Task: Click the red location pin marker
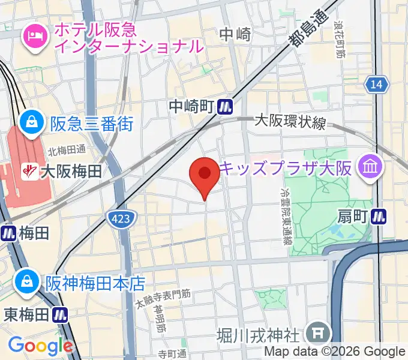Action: [205, 175]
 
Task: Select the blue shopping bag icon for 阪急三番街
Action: [29, 124]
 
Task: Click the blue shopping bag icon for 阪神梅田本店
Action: [27, 280]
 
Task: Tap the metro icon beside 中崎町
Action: [226, 107]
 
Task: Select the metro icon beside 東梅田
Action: [59, 314]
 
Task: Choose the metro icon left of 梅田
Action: [8, 233]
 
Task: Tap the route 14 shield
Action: [376, 85]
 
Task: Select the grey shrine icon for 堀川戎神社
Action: [314, 332]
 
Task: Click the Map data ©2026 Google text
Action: [335, 352]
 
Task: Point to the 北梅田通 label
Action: [67, 150]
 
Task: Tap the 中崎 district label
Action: [235, 34]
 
